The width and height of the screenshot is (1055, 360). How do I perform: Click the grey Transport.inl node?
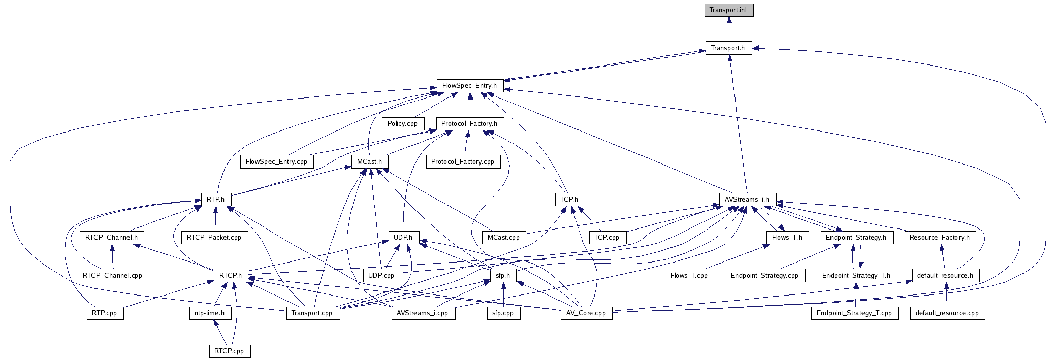coord(728,10)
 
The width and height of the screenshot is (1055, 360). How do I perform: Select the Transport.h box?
coord(728,48)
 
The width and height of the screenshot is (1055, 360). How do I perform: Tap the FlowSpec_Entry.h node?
coord(470,86)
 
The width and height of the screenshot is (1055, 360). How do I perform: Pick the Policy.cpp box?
coord(403,124)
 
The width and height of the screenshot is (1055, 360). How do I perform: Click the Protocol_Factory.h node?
coord(470,124)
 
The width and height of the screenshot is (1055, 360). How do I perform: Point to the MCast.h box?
coord(370,162)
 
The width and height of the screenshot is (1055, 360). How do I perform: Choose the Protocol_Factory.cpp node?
coord(463,162)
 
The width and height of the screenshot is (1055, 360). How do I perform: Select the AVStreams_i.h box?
coord(747,200)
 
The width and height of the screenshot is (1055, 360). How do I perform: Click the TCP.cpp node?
coord(607,238)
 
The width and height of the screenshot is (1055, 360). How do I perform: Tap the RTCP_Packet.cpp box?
coord(214,238)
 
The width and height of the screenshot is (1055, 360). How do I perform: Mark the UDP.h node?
coord(403,238)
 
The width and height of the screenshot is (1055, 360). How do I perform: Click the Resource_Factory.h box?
coord(940,238)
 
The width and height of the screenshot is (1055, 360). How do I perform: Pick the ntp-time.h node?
coord(210,313)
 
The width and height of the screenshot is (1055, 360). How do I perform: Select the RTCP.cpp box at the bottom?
coord(230,351)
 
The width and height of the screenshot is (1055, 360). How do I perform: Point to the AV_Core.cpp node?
coord(586,313)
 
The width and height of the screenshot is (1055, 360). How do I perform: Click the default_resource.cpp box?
coord(947,313)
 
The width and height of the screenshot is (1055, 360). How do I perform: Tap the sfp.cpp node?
coord(503,313)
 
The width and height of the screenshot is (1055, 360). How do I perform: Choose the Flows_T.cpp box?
coord(689,276)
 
